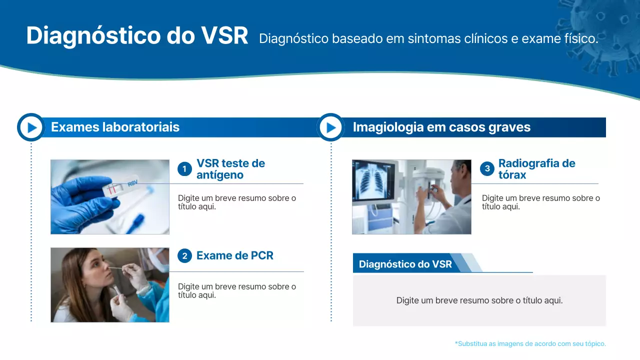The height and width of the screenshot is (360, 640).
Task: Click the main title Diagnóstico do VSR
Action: coord(137,36)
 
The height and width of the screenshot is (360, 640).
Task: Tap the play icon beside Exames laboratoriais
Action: coord(31,127)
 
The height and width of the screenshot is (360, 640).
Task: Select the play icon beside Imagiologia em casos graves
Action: coord(330,127)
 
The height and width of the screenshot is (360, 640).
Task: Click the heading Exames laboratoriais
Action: coord(115,127)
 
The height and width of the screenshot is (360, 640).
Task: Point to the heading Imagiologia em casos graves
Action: coord(441,127)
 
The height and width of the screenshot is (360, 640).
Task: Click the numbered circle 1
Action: coord(184,169)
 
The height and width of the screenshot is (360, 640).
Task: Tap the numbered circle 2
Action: coord(184,256)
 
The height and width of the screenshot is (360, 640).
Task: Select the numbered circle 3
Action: coord(487,169)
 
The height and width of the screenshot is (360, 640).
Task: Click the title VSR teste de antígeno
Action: coord(230,169)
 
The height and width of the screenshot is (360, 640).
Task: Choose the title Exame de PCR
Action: coord(234,255)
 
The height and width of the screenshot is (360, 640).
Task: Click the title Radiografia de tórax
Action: coord(536,169)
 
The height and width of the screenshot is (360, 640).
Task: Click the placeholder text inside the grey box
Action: coord(479,300)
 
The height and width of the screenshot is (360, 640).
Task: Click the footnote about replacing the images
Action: coord(530,343)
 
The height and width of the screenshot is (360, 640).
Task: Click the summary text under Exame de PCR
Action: coord(237,290)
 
